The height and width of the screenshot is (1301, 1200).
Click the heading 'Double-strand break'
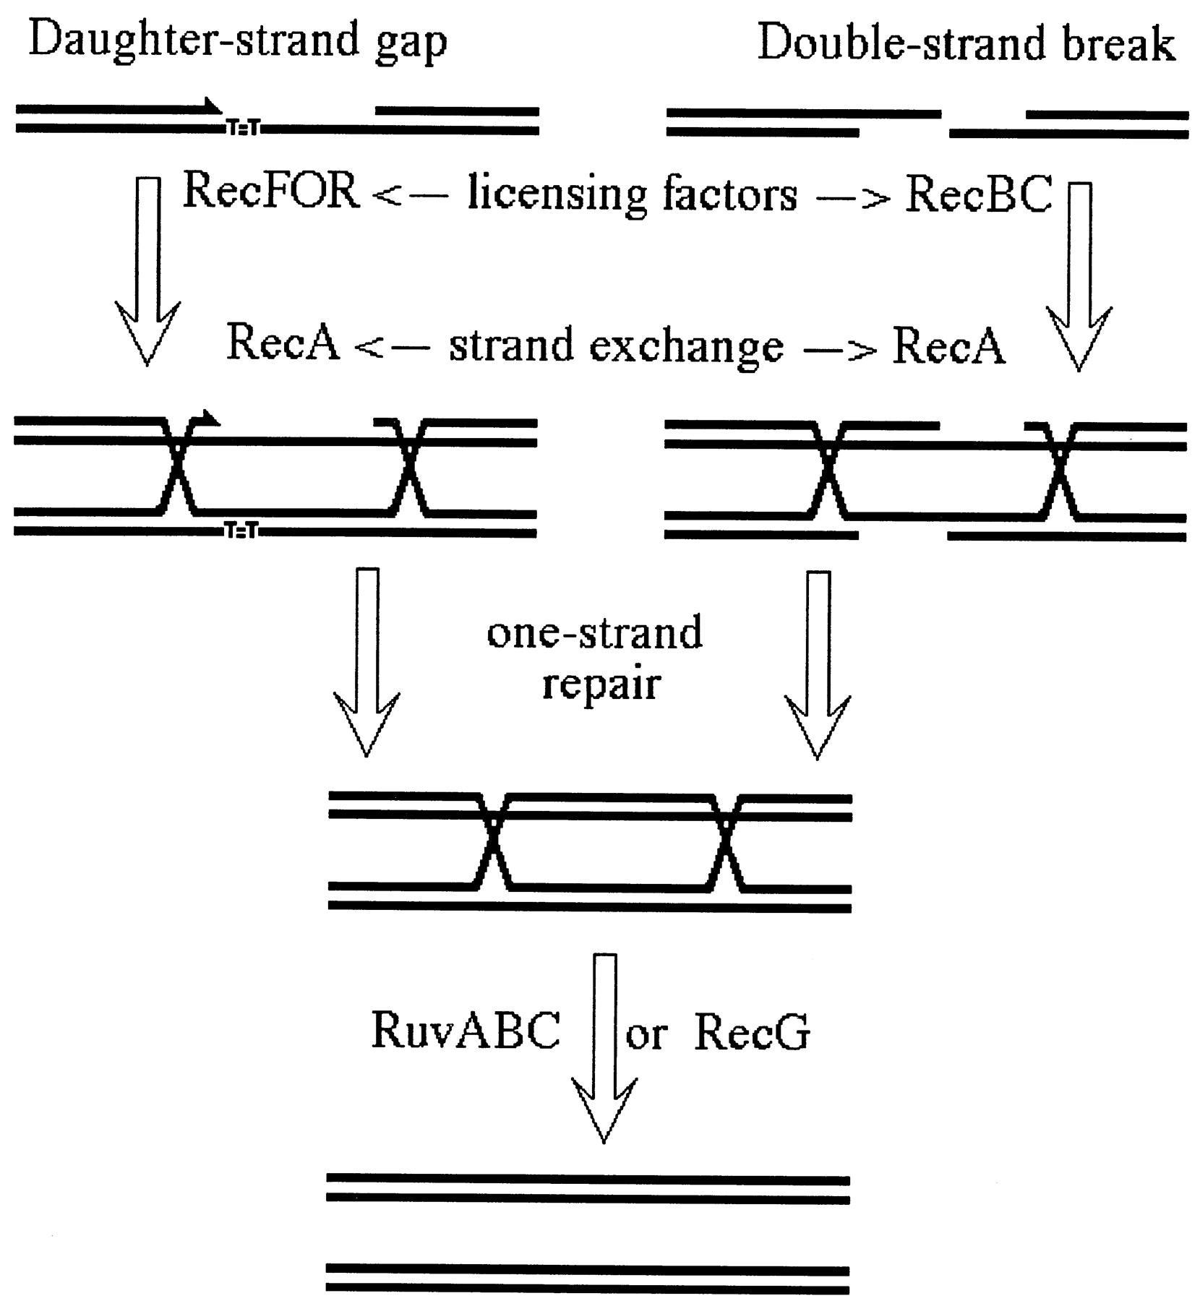(x=966, y=43)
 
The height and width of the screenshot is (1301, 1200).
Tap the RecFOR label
(x=271, y=192)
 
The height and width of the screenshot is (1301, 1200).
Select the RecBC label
(x=978, y=195)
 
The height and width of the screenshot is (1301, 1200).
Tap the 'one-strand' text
(x=594, y=632)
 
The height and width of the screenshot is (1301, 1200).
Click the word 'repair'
(x=601, y=683)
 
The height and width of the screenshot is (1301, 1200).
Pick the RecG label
(x=752, y=1032)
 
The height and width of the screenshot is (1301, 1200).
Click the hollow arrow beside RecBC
(x=1079, y=275)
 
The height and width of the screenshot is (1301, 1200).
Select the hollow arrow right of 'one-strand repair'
(x=818, y=662)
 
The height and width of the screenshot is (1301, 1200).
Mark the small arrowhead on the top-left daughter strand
(x=212, y=107)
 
